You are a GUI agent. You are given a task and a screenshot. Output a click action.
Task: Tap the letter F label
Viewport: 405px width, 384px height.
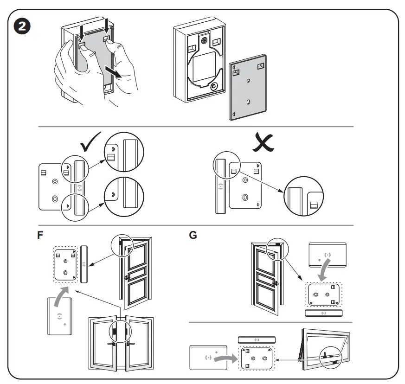[x=41, y=235]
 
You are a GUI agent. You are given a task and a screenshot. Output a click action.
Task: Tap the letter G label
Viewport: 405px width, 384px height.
[x=193, y=235]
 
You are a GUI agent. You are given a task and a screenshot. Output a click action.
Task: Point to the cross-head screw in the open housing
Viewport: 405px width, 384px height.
[x=203, y=40]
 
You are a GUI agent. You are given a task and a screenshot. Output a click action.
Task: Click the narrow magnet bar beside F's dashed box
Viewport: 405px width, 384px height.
[x=84, y=263]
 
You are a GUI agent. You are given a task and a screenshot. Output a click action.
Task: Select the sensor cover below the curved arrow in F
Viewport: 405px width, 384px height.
[x=58, y=316]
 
